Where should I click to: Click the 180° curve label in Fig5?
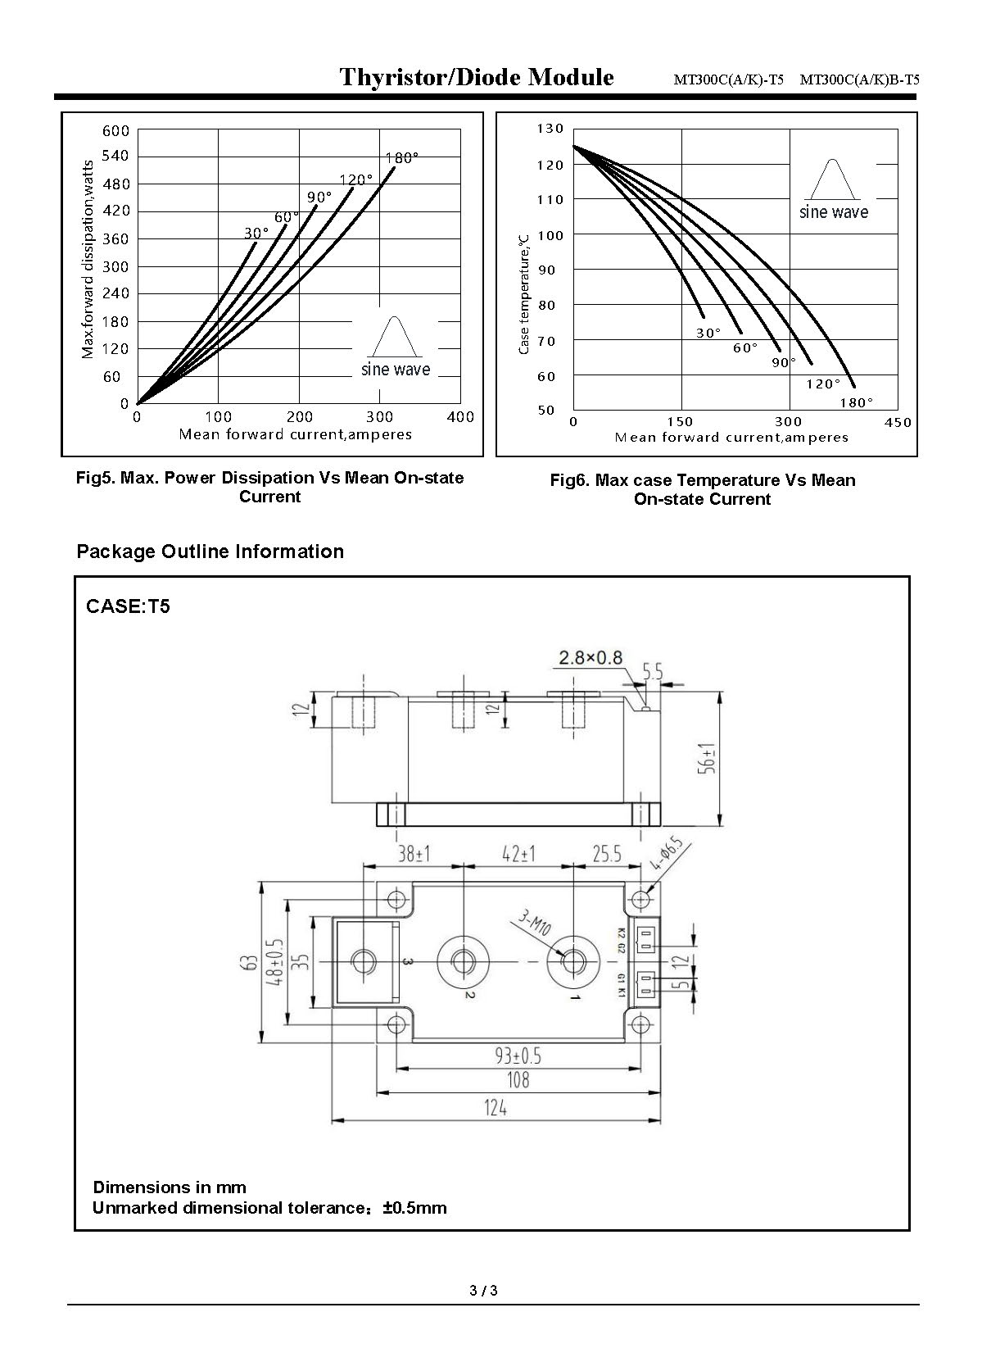click(x=401, y=158)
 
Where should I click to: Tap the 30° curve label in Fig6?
click(x=708, y=333)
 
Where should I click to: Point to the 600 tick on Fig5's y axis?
click(x=116, y=131)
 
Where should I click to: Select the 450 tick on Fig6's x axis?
click(x=898, y=422)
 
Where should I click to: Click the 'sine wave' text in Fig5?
click(x=396, y=370)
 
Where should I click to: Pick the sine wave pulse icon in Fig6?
click(x=833, y=179)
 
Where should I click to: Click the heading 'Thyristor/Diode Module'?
click(x=477, y=78)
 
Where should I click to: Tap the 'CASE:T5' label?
click(x=128, y=607)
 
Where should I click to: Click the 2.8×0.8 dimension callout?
click(x=591, y=657)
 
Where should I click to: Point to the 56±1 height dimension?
click(x=708, y=759)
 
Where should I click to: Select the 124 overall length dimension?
click(x=496, y=1108)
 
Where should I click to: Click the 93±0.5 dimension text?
click(x=518, y=1056)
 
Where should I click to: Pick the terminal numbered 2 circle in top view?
click(x=463, y=960)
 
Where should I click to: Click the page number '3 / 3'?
click(x=484, y=1291)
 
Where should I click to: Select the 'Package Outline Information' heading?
click(x=210, y=552)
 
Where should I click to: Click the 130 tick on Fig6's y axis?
click(x=550, y=129)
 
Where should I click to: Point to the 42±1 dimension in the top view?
click(x=518, y=854)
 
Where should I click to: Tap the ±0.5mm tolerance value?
click(x=414, y=1208)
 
